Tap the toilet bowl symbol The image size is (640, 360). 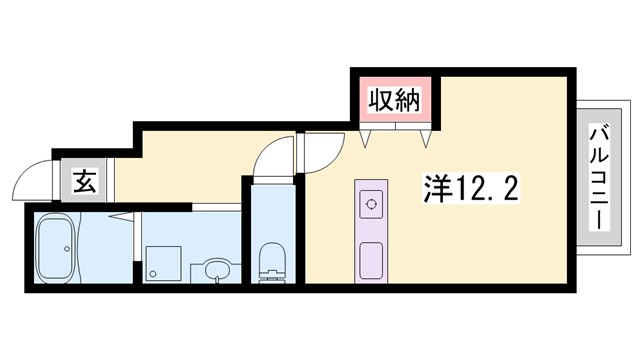(x=271, y=267)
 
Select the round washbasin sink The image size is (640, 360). (x=212, y=270)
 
